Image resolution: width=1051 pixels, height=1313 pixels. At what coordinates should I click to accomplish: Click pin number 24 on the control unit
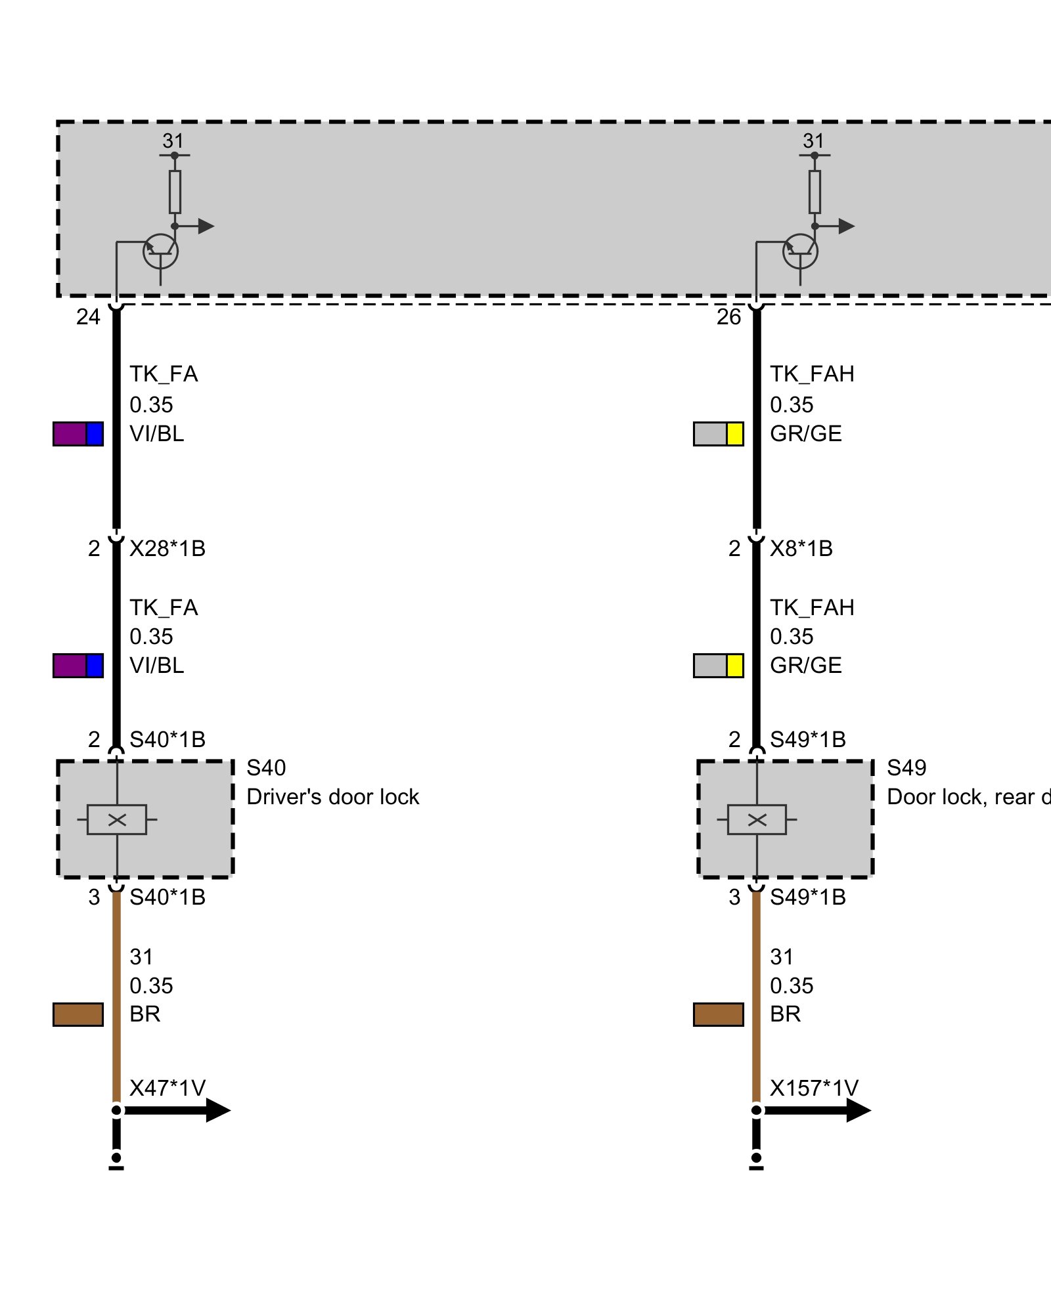[88, 317]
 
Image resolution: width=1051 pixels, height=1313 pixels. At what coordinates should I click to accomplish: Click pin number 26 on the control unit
[728, 317]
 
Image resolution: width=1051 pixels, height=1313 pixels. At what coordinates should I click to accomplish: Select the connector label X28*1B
[168, 548]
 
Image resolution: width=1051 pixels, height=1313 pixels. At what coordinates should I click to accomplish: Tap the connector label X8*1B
[801, 548]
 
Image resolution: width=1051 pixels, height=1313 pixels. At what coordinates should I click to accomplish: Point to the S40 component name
[266, 767]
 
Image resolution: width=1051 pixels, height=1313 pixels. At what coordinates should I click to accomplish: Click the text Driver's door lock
[332, 797]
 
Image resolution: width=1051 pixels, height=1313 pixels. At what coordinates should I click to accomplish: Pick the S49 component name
[906, 767]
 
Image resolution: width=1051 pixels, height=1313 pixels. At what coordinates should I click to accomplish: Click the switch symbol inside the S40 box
[117, 819]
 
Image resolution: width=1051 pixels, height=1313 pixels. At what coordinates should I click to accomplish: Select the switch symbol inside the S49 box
[757, 819]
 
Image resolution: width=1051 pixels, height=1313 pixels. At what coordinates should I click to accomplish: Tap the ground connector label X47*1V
[168, 1088]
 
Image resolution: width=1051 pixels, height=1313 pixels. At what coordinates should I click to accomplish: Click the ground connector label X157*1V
[814, 1088]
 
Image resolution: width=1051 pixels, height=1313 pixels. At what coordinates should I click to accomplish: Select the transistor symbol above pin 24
[160, 251]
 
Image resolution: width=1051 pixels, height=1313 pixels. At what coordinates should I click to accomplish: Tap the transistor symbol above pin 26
[800, 251]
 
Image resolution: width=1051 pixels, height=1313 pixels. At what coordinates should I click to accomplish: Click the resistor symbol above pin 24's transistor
[175, 192]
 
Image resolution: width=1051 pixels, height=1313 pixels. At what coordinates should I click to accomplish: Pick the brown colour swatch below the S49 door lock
[719, 1014]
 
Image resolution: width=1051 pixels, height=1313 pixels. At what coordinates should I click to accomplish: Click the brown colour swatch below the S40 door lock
[78, 1014]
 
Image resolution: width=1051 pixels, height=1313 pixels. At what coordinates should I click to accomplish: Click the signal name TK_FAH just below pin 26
[812, 374]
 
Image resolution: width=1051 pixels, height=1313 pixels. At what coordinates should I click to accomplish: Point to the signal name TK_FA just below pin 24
[164, 374]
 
